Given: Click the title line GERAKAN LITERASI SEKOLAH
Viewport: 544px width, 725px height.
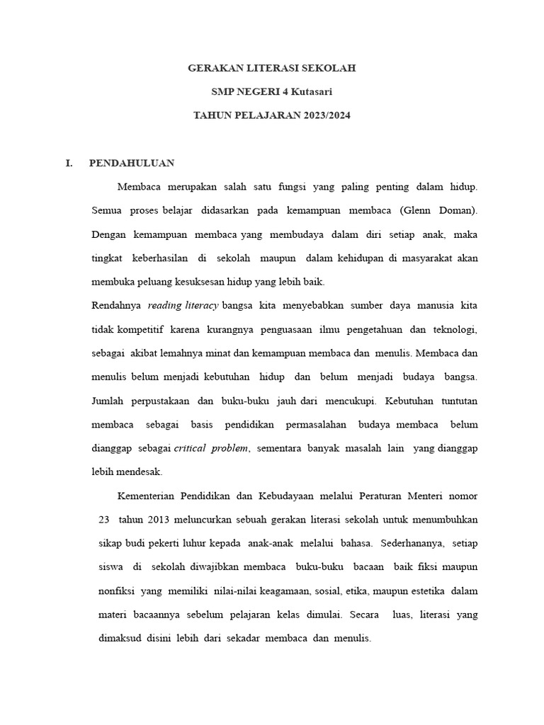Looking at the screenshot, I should click(x=271, y=68).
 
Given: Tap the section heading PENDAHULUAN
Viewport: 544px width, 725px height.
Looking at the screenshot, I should click(x=132, y=163).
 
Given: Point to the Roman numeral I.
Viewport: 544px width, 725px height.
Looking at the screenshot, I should click(x=69, y=163).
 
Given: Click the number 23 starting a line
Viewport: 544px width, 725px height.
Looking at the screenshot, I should click(x=104, y=519).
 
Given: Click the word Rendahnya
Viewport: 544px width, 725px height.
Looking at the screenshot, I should click(x=117, y=305).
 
